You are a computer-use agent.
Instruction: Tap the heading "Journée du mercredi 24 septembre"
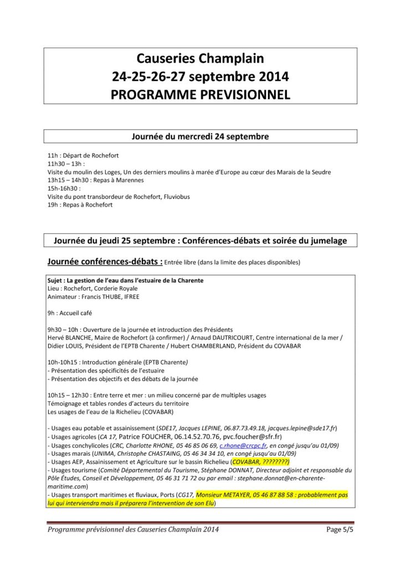click(200, 136)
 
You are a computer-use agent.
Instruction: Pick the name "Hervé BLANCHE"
click(69, 338)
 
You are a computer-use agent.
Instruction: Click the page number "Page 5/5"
click(339, 529)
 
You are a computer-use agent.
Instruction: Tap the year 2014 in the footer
click(208, 529)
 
